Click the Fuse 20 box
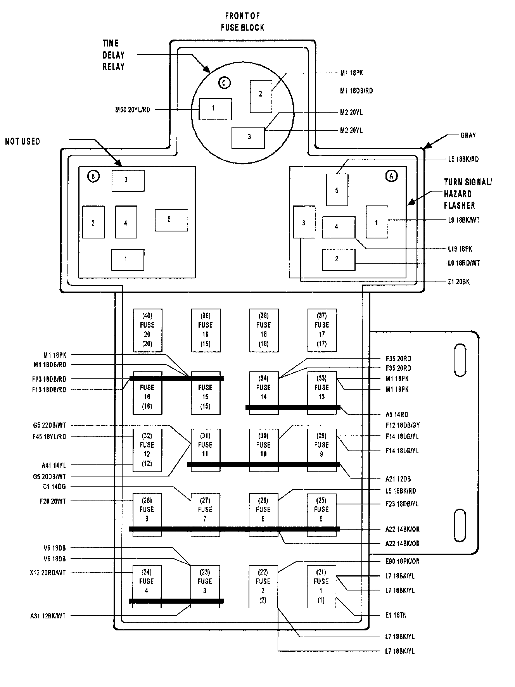[x=147, y=330]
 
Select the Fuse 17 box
[x=322, y=330]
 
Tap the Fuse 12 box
[x=147, y=450]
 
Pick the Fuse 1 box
[x=321, y=586]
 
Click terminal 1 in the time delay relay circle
[x=215, y=109]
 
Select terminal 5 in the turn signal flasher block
[x=337, y=190]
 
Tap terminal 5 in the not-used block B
[x=171, y=220]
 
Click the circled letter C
[x=224, y=83]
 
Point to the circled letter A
[x=391, y=176]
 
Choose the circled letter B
[x=93, y=176]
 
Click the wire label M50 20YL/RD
[x=133, y=110]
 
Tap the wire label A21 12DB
[x=398, y=479]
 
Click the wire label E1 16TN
[x=396, y=615]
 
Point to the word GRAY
[x=468, y=135]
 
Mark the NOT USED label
[x=22, y=142]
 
